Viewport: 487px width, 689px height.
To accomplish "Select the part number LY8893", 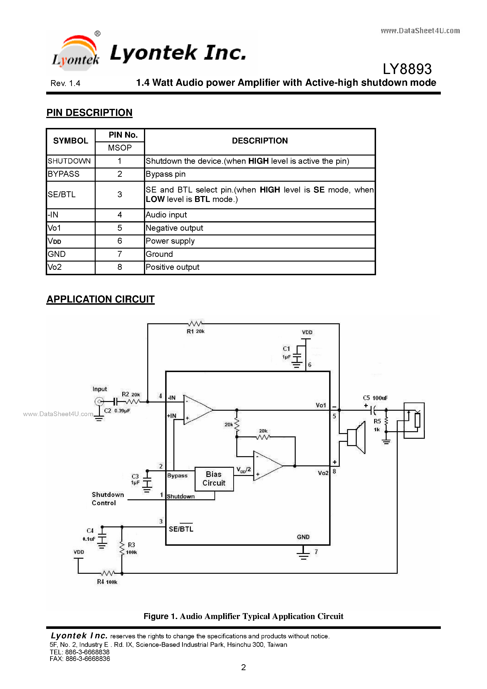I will [407, 69].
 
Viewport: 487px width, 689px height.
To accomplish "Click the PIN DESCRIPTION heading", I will [90, 113].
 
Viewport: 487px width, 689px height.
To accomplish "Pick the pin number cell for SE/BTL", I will [120, 194].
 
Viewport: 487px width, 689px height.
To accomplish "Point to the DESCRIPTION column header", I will [260, 141].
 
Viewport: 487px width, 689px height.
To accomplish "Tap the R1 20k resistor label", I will [195, 331].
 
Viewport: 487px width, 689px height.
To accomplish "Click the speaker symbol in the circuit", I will [356, 438].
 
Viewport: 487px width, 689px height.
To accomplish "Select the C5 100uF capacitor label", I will [375, 398].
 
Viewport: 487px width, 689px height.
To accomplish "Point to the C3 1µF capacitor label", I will [135, 479].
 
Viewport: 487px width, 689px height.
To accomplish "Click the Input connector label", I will [100, 389].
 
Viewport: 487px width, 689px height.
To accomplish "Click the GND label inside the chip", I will [303, 537].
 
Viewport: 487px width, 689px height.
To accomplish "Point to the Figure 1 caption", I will [243, 616].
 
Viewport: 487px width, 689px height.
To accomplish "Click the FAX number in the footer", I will [80, 659].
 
